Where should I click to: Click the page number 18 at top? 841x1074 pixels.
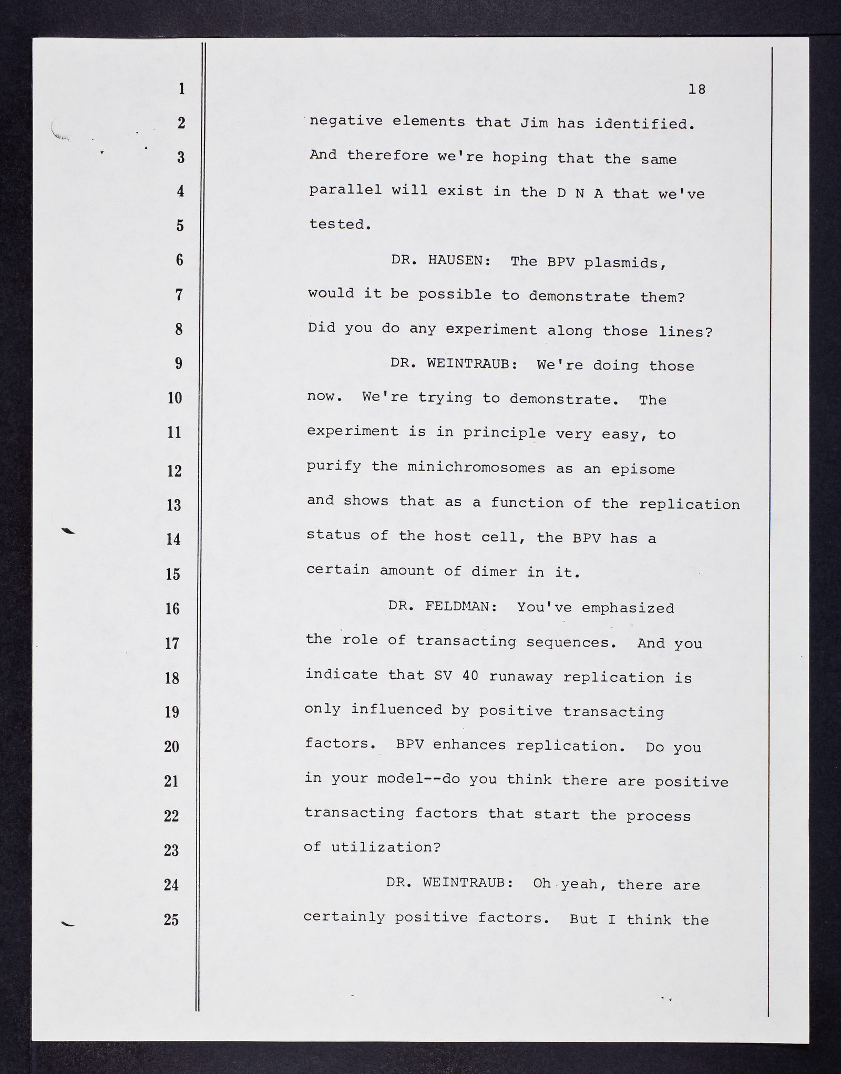coord(697,90)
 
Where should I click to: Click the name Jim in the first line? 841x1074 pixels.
coord(534,124)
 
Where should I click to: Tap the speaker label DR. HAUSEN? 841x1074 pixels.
coord(440,260)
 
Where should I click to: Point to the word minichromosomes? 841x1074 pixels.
coord(476,467)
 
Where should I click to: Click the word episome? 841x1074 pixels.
coord(643,469)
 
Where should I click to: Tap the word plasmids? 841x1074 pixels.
coord(625,263)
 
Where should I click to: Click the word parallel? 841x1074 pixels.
coord(345,190)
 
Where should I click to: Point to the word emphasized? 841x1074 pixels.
coord(628,608)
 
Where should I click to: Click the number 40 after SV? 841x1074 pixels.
coord(471,676)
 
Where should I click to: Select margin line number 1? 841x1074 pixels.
coord(181,89)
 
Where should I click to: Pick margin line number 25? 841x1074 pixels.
coord(171,919)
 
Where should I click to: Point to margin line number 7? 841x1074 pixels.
coord(179,295)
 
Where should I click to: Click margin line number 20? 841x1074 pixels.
coord(172,746)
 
